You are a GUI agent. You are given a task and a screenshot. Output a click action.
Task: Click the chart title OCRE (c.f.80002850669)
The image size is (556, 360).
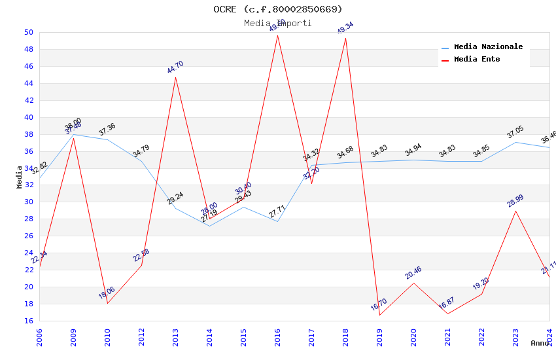pos(277,9)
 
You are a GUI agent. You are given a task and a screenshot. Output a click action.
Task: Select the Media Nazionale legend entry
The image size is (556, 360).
pos(488,47)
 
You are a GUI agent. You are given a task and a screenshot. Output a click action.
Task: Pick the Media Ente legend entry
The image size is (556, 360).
pos(477,60)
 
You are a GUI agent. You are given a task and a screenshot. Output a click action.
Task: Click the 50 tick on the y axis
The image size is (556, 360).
pos(29,32)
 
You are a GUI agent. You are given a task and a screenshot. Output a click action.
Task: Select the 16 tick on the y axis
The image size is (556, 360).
pos(29,321)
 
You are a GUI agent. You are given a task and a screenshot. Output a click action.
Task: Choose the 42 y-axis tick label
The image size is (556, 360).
pos(29,100)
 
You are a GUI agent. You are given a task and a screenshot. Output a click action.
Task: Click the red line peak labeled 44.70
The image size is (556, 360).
pos(175,77)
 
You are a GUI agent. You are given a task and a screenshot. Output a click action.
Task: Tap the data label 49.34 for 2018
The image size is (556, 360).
pos(345,28)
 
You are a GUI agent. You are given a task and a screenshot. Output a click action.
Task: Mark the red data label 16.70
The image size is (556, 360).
pos(379,305)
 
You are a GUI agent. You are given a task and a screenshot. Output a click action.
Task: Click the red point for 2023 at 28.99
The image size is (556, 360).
pos(516,211)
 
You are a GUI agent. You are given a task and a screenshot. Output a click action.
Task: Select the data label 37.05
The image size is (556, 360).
pos(515,133)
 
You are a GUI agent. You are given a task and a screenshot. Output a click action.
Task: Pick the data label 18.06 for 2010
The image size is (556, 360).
pos(107,293)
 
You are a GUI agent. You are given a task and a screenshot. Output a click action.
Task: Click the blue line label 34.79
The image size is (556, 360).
pos(141,152)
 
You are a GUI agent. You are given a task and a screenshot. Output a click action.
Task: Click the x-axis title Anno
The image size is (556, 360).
pos(540,343)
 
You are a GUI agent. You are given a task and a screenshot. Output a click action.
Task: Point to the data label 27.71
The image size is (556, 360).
pos(277,212)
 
